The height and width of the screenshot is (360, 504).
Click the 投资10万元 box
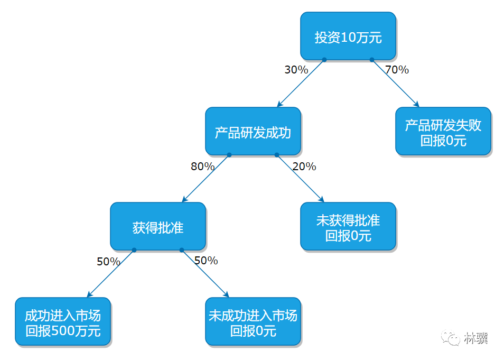pyautogui.click(x=348, y=36)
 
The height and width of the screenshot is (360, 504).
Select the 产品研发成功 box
pyautogui.click(x=253, y=131)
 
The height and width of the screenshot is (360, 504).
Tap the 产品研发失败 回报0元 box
pyautogui.click(x=443, y=131)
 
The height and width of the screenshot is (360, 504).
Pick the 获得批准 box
pyautogui.click(x=158, y=226)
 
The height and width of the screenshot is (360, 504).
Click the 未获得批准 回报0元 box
pyautogui.click(x=348, y=226)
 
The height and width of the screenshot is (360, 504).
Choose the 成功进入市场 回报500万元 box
pyautogui.click(x=63, y=322)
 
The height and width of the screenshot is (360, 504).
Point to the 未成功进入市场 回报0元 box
pyautogui.click(x=253, y=322)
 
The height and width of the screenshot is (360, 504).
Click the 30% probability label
pyautogui.click(x=296, y=69)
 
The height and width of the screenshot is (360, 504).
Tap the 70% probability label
pyautogui.click(x=397, y=69)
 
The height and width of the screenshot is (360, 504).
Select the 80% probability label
pyautogui.click(x=202, y=167)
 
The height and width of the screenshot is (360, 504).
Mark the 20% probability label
pyautogui.click(x=304, y=167)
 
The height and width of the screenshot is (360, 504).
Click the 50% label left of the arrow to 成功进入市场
pyautogui.click(x=108, y=262)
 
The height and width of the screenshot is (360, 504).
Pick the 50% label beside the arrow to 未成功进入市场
pyautogui.click(x=206, y=261)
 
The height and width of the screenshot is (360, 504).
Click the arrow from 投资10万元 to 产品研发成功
pyautogui.click(x=301, y=83)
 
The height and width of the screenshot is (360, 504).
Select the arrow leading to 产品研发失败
pyautogui.click(x=395, y=83)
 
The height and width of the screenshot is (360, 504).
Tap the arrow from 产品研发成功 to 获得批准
pyautogui.click(x=206, y=178)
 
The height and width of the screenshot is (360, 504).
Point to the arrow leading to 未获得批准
pyautogui.click(x=300, y=178)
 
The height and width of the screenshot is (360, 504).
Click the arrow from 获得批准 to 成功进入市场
pyautogui.click(x=110, y=273)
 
